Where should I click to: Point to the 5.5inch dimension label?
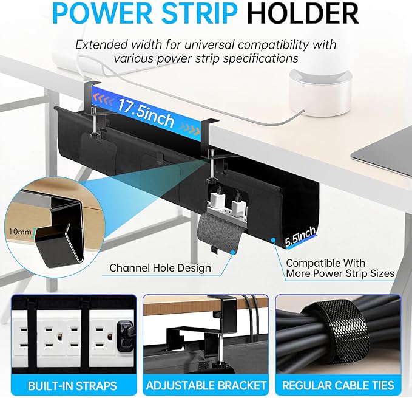[300, 235]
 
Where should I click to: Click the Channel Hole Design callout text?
[160, 267]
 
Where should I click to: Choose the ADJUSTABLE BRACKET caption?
[206, 385]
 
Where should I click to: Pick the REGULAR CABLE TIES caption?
[339, 385]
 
